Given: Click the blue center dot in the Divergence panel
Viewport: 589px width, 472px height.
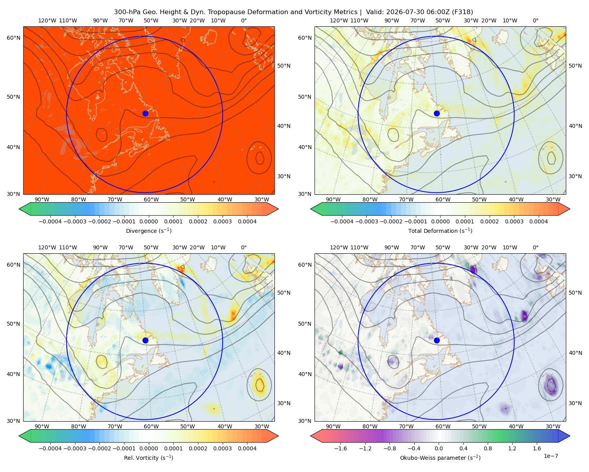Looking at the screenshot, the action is coord(145,113).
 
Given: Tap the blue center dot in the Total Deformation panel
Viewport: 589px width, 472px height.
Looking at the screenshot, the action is coord(437,113).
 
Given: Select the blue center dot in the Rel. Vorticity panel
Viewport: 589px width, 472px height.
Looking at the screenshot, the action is coord(145,340).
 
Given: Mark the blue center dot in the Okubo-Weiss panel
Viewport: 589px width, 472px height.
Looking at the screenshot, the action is coord(437,340).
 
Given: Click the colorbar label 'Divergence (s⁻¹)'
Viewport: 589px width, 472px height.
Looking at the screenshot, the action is coord(148,230).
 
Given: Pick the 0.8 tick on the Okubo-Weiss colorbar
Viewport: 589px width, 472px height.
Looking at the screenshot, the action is coord(488,448).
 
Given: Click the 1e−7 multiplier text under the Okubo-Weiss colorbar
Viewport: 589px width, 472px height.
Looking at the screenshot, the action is coord(551,456).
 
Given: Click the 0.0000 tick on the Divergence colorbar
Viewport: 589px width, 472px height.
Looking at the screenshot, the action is coord(148,221).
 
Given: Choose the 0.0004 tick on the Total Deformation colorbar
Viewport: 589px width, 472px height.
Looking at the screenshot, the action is coord(538,221).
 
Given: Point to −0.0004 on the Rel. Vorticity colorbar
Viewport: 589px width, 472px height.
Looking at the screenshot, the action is coord(50,448).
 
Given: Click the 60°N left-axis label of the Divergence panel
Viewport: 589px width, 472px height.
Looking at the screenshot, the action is coord(13,38).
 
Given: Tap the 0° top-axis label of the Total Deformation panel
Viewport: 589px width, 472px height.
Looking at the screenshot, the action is coord(535,20).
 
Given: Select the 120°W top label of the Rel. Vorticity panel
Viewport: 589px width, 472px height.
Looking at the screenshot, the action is coord(47,247).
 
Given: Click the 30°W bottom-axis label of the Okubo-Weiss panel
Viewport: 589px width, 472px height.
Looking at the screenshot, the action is coord(553,426).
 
